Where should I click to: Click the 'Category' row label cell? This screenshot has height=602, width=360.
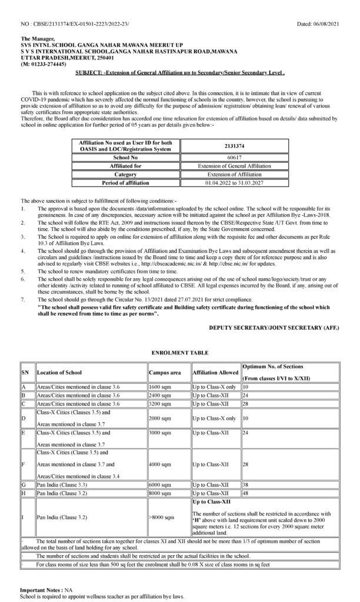pos(125,175)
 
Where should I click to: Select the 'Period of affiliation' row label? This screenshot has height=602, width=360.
pos(125,182)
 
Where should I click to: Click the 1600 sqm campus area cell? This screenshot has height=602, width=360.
pos(159,387)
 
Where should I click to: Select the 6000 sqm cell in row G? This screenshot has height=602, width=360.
pos(159,484)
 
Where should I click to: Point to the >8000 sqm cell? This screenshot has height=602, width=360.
pos(162,517)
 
